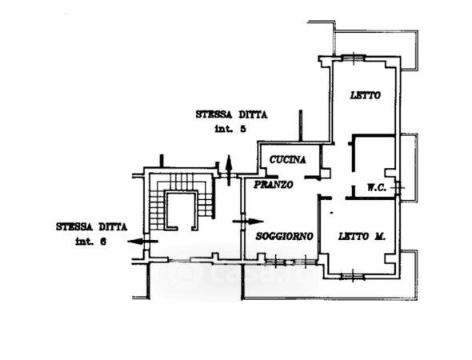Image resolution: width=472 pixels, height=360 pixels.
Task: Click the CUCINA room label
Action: tap(288, 159)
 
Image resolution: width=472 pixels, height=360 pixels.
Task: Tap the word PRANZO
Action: tap(274, 185)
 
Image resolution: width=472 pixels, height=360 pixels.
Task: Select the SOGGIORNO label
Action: tap(285, 236)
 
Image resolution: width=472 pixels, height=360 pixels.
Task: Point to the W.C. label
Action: tap(377, 187)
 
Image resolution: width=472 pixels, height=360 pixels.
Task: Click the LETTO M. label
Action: tap(362, 236)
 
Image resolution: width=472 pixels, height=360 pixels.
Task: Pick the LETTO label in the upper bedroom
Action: tap(366, 95)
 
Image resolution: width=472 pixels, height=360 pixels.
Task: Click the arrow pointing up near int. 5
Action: tap(229, 170)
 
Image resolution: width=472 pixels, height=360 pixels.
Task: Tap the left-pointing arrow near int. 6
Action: tap(142, 241)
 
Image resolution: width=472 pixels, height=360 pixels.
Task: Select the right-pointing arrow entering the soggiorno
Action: tap(248, 222)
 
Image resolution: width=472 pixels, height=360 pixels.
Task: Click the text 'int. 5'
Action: tap(230, 129)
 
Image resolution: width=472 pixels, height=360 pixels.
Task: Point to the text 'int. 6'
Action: tap(90, 242)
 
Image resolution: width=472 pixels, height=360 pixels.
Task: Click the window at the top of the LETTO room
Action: tap(353, 57)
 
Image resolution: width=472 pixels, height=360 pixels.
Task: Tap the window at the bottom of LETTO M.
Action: tap(353, 276)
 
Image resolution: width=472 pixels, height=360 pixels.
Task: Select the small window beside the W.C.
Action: tap(398, 188)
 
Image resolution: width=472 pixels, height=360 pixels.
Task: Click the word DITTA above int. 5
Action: tap(253, 114)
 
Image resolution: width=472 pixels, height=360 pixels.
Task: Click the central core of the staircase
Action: tap(181, 210)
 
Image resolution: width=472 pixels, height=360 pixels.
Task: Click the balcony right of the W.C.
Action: tap(409, 167)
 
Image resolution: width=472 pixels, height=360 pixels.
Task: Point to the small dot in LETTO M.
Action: tap(331, 213)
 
